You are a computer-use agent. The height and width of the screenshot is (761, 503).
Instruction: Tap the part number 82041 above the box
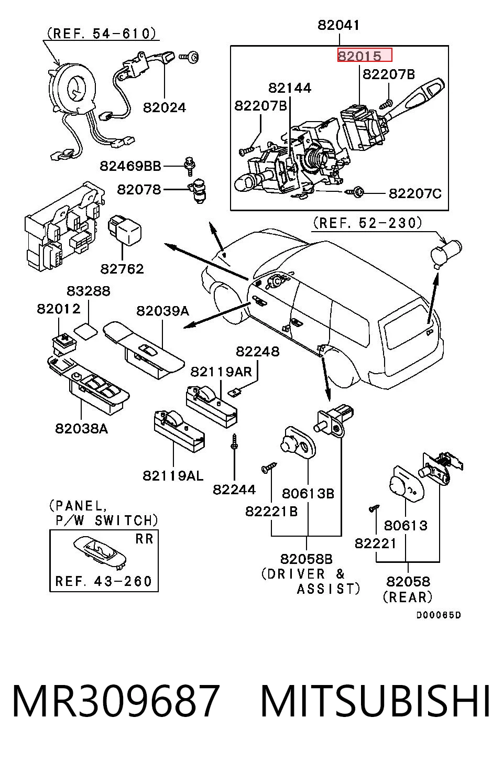point(338,25)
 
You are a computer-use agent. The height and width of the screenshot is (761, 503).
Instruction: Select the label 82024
point(165,107)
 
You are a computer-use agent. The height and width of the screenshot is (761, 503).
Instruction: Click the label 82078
point(139,189)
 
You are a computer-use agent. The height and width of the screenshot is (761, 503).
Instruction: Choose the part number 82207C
point(415,193)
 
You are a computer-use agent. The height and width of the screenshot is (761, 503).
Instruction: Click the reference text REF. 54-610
point(101,34)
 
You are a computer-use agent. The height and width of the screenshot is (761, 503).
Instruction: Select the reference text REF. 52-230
point(367,223)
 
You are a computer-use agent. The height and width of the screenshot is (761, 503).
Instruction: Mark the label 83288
point(89,291)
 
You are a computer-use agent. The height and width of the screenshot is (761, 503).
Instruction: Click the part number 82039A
point(162,310)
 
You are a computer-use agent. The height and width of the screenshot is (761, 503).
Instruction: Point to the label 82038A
point(82,428)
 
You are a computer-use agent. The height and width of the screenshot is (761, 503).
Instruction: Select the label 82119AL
point(173,476)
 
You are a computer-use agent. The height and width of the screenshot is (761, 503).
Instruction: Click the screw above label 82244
point(234,442)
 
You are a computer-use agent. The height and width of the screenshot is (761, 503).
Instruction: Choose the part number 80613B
point(308,493)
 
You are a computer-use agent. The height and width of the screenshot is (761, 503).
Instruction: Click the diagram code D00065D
point(439,615)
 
